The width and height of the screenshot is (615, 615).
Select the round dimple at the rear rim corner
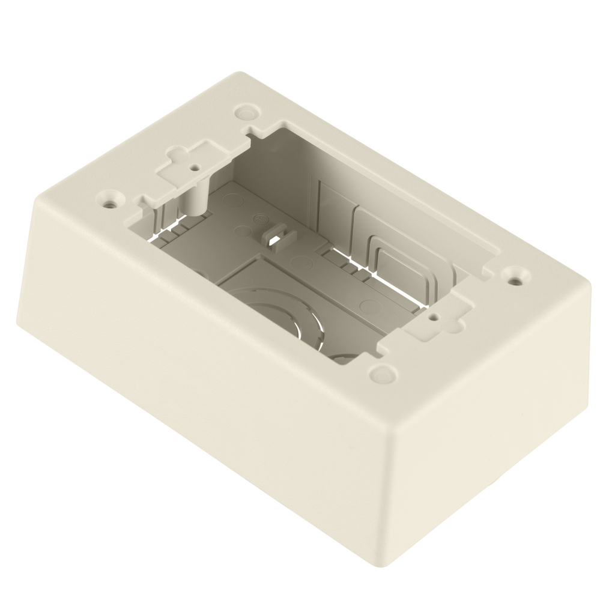245,112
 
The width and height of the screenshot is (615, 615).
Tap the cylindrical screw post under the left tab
195,198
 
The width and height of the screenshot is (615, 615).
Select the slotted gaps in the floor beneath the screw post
171,228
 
